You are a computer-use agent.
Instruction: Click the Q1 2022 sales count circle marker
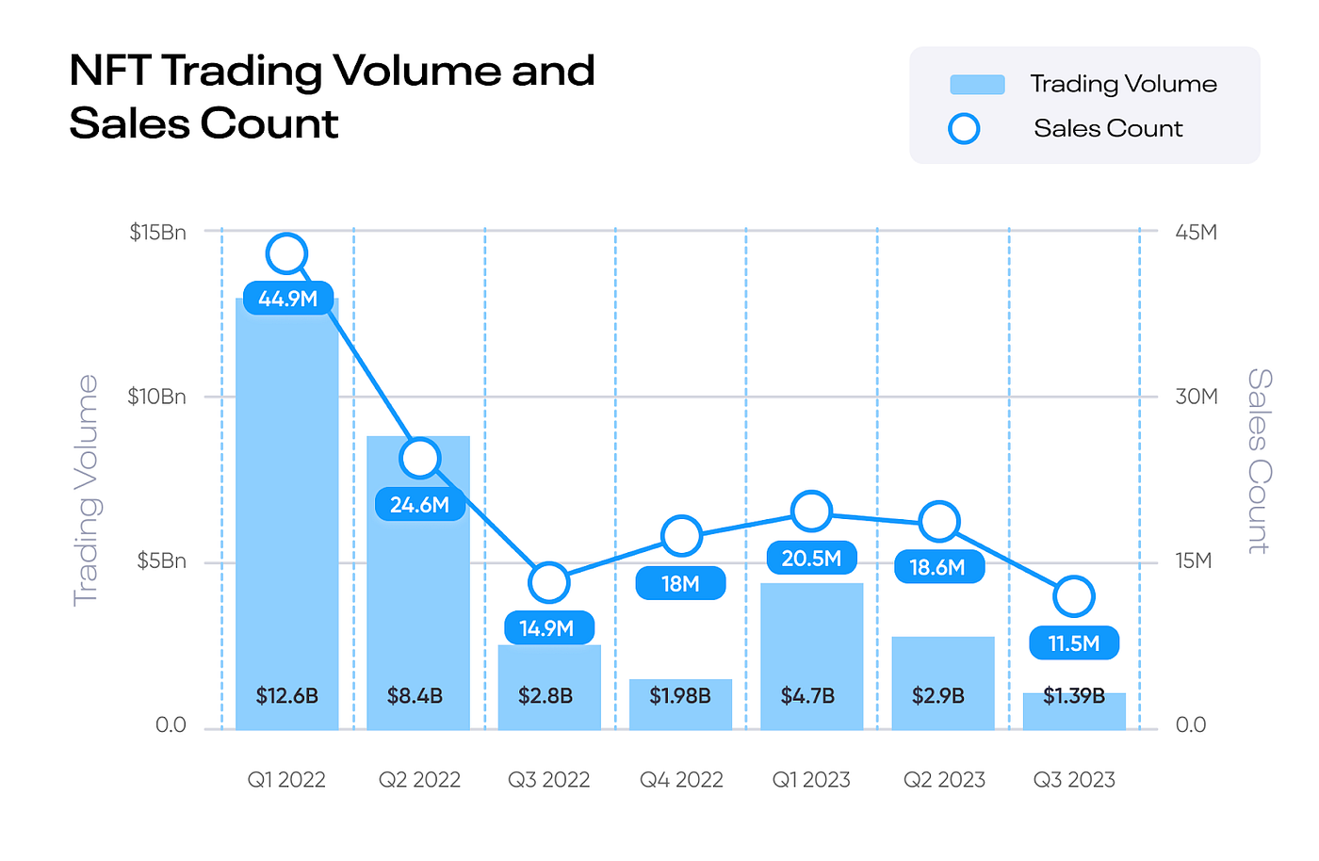coord(287,252)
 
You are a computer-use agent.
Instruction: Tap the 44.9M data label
coord(288,299)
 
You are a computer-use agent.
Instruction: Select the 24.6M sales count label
coord(419,505)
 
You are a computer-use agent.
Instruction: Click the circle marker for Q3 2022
coord(549,583)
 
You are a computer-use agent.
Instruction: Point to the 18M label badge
coord(680,584)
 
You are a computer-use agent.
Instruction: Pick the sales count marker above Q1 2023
coord(811,512)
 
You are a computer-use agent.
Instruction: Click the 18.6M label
coord(938,567)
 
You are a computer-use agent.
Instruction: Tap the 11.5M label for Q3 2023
coord(1074,643)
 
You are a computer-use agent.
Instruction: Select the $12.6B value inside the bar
coord(287,696)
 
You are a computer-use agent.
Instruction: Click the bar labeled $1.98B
coord(680,705)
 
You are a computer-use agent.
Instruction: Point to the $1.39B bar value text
coord(1074,696)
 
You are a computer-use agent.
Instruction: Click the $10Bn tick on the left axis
coord(157,397)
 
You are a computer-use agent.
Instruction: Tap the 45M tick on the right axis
coord(1196,232)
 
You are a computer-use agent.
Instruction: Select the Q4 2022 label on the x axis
coord(681,780)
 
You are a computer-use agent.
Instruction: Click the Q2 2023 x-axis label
coord(944,780)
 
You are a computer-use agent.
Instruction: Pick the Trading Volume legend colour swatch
coord(977,85)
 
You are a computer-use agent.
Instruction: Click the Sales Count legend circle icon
coord(964,129)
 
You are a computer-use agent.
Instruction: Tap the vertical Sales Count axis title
coord(1260,462)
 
